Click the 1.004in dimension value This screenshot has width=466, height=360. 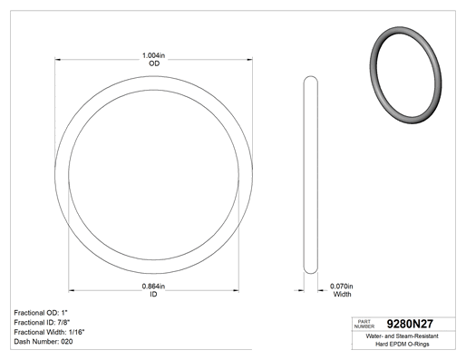[x=153, y=55]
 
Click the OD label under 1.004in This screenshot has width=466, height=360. [x=154, y=63]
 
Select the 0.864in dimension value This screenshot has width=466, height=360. [x=153, y=286]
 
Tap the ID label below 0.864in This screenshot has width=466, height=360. [x=153, y=294]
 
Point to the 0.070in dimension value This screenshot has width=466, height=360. [x=342, y=286]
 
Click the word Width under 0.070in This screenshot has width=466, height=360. [x=342, y=294]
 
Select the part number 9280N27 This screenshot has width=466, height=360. [x=410, y=324]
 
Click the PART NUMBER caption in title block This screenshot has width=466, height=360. [x=364, y=324]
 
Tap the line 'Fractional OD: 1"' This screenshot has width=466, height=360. [x=41, y=313]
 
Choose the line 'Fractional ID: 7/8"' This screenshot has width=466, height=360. [x=42, y=322]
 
